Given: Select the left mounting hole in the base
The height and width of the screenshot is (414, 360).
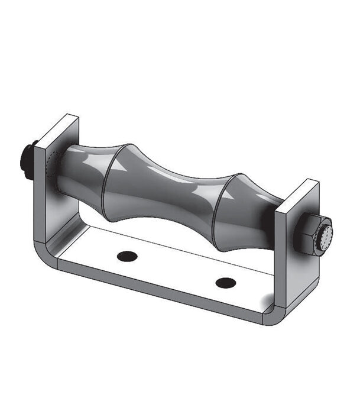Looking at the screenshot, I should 126,256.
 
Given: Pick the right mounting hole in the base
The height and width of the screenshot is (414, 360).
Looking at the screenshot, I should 225,283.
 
